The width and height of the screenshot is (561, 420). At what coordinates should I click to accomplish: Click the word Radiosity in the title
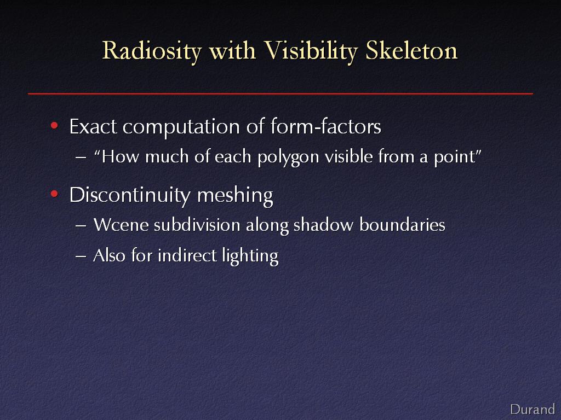(152, 51)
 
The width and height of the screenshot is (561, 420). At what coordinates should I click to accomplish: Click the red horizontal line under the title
(280, 94)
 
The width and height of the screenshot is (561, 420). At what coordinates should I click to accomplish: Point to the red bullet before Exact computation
(54, 125)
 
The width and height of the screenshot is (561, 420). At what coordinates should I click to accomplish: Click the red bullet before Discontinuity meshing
(54, 194)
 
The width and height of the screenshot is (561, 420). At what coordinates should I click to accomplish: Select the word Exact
(93, 126)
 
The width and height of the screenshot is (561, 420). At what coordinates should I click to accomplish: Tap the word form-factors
(325, 126)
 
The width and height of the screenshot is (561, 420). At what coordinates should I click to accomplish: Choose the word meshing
(235, 196)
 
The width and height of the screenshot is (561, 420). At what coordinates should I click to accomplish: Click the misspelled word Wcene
(121, 225)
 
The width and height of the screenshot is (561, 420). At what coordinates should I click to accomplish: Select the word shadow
(323, 225)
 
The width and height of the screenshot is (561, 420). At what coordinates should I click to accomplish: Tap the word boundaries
(402, 225)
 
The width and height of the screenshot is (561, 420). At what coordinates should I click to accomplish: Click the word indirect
(187, 255)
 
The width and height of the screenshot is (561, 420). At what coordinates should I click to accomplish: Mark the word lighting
(250, 256)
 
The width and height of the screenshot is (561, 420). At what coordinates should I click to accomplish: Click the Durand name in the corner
(533, 409)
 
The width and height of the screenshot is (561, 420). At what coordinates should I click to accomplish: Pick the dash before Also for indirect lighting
(81, 256)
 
